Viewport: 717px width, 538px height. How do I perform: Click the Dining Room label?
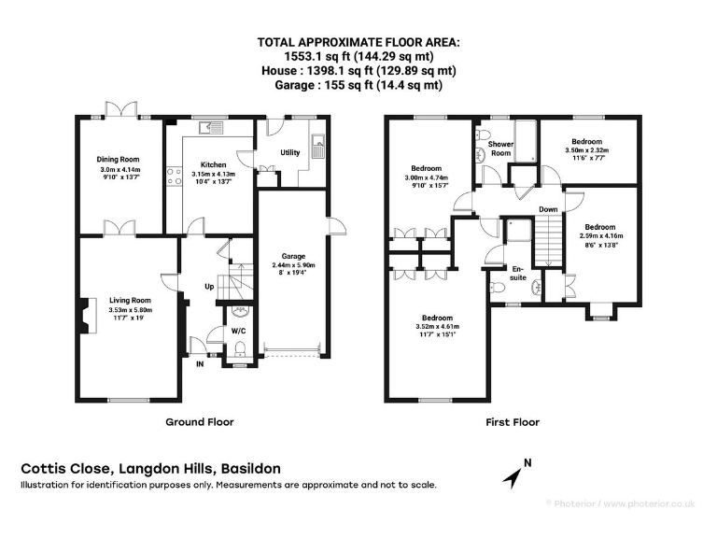click(118, 159)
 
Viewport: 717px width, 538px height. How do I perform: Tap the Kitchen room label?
click(214, 164)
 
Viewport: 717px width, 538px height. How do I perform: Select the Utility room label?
click(290, 152)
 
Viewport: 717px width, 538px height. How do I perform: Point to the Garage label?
click(293, 256)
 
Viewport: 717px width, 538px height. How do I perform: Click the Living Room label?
click(130, 300)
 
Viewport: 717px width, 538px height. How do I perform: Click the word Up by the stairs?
click(209, 287)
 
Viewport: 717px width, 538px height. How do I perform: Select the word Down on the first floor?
click(548, 209)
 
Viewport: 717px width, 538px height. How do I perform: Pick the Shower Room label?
click(500, 149)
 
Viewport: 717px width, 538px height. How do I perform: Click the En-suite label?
click(518, 273)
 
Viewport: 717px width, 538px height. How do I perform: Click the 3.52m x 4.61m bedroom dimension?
click(438, 326)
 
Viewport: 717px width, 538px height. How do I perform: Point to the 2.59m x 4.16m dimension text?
click(601, 236)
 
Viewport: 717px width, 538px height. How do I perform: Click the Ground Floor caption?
click(200, 422)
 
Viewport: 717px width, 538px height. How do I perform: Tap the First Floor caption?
click(513, 422)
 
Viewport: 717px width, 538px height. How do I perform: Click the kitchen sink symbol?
click(210, 128)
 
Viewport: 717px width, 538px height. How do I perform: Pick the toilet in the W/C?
click(240, 348)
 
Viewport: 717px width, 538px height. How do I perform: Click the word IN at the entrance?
click(200, 364)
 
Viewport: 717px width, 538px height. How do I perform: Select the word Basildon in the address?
click(250, 469)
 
